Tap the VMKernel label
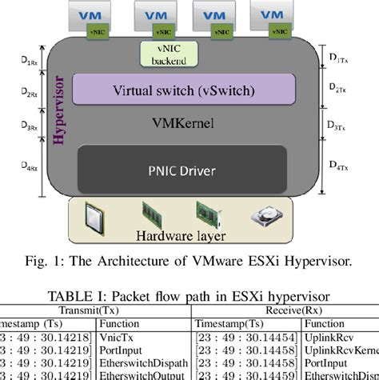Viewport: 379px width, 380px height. point(173,123)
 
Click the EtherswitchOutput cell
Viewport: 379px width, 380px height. point(139,374)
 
